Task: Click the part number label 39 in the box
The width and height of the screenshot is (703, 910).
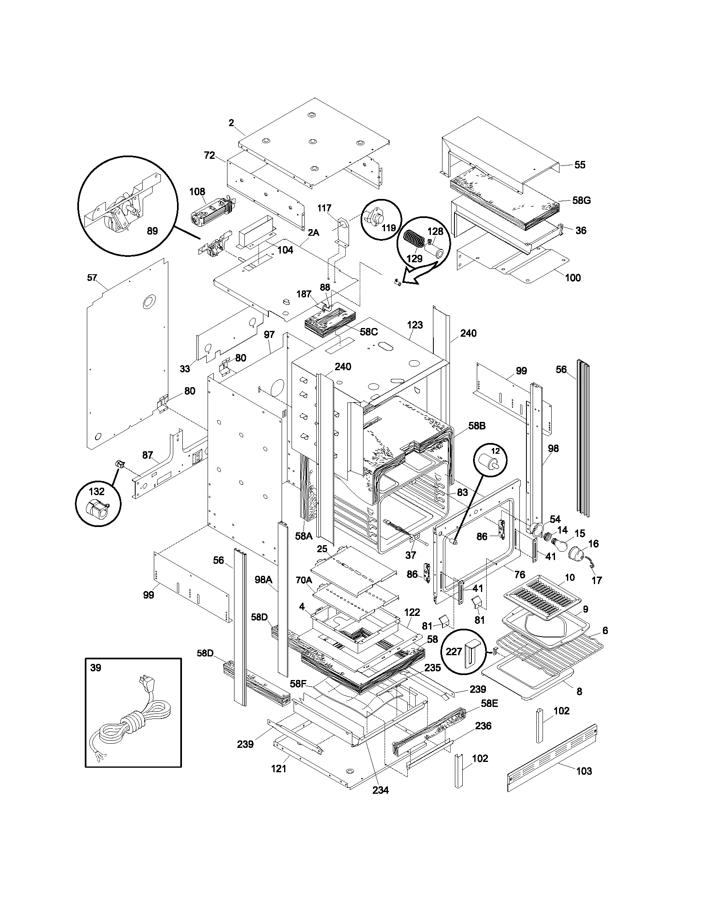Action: tap(96, 668)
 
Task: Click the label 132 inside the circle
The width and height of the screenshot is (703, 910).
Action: tap(97, 492)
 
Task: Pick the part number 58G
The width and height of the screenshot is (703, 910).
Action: tap(581, 201)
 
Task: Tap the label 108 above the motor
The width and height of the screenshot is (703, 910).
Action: tap(197, 192)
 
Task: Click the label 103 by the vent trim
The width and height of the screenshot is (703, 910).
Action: tap(584, 771)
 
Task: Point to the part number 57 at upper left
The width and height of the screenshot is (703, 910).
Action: tap(92, 278)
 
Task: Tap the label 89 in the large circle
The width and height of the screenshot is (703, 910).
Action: tap(153, 230)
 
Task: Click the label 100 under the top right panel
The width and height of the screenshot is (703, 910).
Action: tap(573, 278)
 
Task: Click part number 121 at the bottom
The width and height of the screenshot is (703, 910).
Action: tap(279, 769)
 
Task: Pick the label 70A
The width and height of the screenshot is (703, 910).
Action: tap(304, 580)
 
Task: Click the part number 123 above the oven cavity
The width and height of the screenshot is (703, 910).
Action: tap(415, 325)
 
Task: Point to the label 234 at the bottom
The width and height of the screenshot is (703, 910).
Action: tap(380, 790)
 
